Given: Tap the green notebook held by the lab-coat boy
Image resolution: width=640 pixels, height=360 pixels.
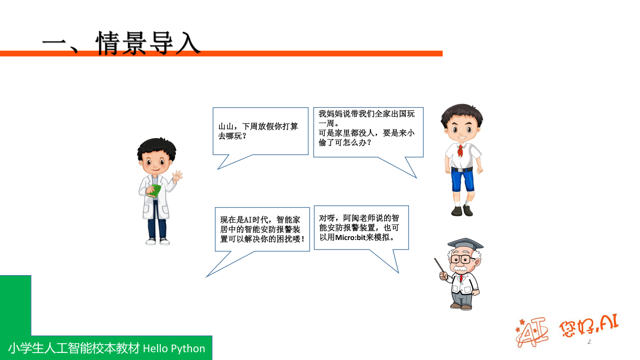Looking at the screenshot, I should pos(155,190).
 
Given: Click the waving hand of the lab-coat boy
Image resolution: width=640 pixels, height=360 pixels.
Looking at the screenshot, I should pos(177,176).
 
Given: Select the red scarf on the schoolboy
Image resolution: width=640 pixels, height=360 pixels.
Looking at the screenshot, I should pos(460,150).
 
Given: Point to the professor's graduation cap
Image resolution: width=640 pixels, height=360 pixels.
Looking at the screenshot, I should pos(465,244).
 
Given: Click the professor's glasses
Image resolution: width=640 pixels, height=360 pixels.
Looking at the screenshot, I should pos(461,260).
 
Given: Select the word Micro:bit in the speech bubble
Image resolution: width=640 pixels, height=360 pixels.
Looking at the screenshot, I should pos(351,237).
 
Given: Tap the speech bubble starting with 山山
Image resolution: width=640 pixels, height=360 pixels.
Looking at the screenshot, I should pos(260,132).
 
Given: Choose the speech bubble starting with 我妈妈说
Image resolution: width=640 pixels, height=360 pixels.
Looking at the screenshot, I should pos(368,132).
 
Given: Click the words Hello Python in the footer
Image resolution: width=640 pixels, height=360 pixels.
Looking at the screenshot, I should pos(174,348).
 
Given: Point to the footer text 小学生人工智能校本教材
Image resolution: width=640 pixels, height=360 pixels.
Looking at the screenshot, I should pos(74,348).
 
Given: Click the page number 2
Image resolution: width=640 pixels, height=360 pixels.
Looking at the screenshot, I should pos(589,342).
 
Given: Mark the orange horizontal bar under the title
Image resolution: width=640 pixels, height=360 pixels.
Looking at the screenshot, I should pos(311,54).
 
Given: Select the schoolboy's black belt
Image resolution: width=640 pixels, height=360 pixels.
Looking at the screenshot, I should pos(462,169).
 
